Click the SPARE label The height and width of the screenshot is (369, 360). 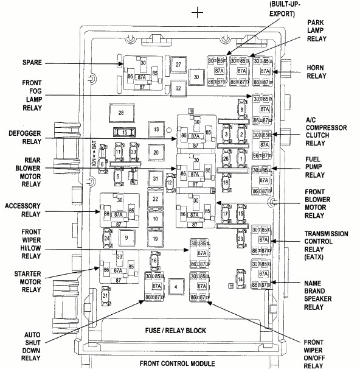tap(32, 63)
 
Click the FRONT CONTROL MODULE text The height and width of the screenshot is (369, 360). tap(177, 363)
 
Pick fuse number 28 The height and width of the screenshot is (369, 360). tap(121, 113)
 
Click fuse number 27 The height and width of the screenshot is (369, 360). tap(178, 64)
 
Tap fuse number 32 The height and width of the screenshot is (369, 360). tap(178, 88)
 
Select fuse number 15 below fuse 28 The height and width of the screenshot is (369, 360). tap(124, 132)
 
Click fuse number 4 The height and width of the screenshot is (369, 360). tap(176, 286)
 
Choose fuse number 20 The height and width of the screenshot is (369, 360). tap(156, 152)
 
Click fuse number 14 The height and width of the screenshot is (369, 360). tap(240, 279)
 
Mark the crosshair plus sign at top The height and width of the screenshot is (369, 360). tap(196, 12)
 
